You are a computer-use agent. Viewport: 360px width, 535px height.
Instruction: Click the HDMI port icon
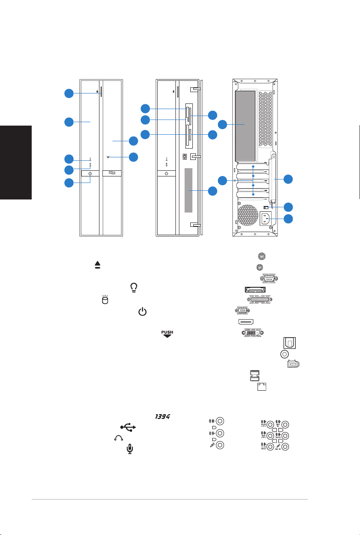pyautogui.click(x=246, y=322)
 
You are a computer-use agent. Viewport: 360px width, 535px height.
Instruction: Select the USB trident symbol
pyautogui.click(x=127, y=428)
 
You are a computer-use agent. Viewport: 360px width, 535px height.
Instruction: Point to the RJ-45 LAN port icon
pyautogui.click(x=262, y=386)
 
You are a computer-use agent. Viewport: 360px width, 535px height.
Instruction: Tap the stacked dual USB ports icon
pyautogui.click(x=254, y=375)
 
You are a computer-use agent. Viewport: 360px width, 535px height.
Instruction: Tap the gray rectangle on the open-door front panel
pyautogui.click(x=188, y=190)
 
